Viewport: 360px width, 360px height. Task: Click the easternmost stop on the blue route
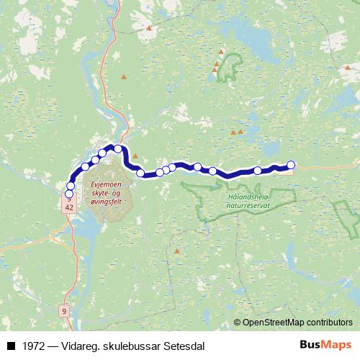pyautogui.click(x=291, y=164)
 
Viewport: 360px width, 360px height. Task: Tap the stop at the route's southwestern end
pyautogui.click(x=69, y=194)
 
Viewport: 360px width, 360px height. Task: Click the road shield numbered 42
pyautogui.click(x=69, y=207)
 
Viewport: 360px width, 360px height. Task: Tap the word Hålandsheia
pyautogui.click(x=242, y=196)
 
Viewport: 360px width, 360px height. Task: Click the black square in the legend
pyautogui.click(x=11, y=345)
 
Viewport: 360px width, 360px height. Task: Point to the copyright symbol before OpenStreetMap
pyautogui.click(x=237, y=323)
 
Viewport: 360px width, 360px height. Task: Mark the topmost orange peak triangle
pyautogui.click(x=149, y=28)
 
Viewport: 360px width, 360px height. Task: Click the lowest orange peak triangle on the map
pyautogui.click(x=177, y=251)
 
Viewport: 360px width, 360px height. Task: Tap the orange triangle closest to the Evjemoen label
pyautogui.click(x=134, y=156)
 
